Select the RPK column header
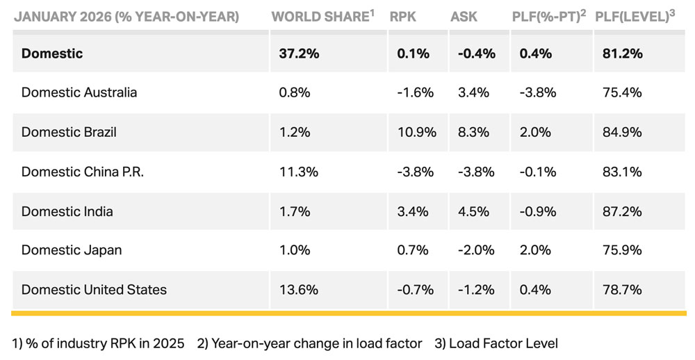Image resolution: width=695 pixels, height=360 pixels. pyautogui.click(x=403, y=16)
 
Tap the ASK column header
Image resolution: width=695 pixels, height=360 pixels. pyautogui.click(x=464, y=16)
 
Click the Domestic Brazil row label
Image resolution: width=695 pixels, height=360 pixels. pyautogui.click(x=69, y=132)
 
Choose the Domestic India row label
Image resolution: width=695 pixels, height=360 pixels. pyautogui.click(x=67, y=211)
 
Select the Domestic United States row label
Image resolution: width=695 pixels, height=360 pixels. pyautogui.click(x=94, y=290)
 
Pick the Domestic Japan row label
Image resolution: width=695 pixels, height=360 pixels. pyautogui.click(x=71, y=250)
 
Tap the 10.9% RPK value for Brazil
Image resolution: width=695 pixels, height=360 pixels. pyautogui.click(x=414, y=132)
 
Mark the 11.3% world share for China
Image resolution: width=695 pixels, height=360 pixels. pyautogui.click(x=295, y=172)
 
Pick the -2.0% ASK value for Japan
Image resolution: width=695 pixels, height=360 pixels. pyautogui.click(x=476, y=250)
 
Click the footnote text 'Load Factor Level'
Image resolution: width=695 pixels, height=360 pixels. pyautogui.click(x=503, y=343)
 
